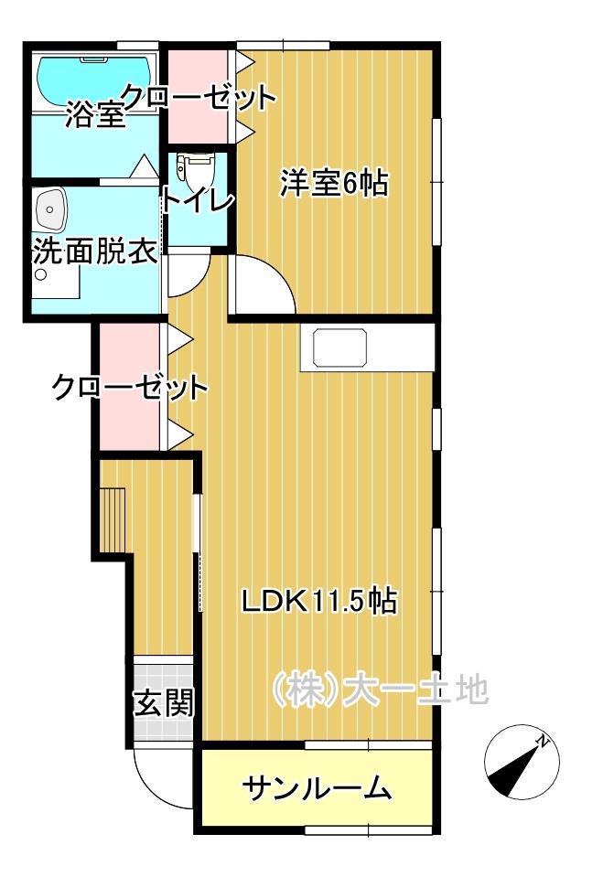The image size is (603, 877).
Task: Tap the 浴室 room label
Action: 95,117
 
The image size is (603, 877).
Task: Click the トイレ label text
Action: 198,200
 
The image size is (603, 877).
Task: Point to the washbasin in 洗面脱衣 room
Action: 50,212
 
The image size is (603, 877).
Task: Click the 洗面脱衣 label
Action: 94,252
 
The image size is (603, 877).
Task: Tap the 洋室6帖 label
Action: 333,184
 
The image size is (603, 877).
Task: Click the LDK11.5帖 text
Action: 318,601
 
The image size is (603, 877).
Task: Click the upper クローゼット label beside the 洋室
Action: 198,96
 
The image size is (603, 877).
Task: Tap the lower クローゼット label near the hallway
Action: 129,387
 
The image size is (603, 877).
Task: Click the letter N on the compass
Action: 544,742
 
